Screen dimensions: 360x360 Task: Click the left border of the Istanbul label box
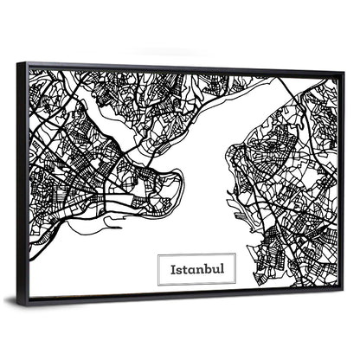(x=158, y=269)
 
